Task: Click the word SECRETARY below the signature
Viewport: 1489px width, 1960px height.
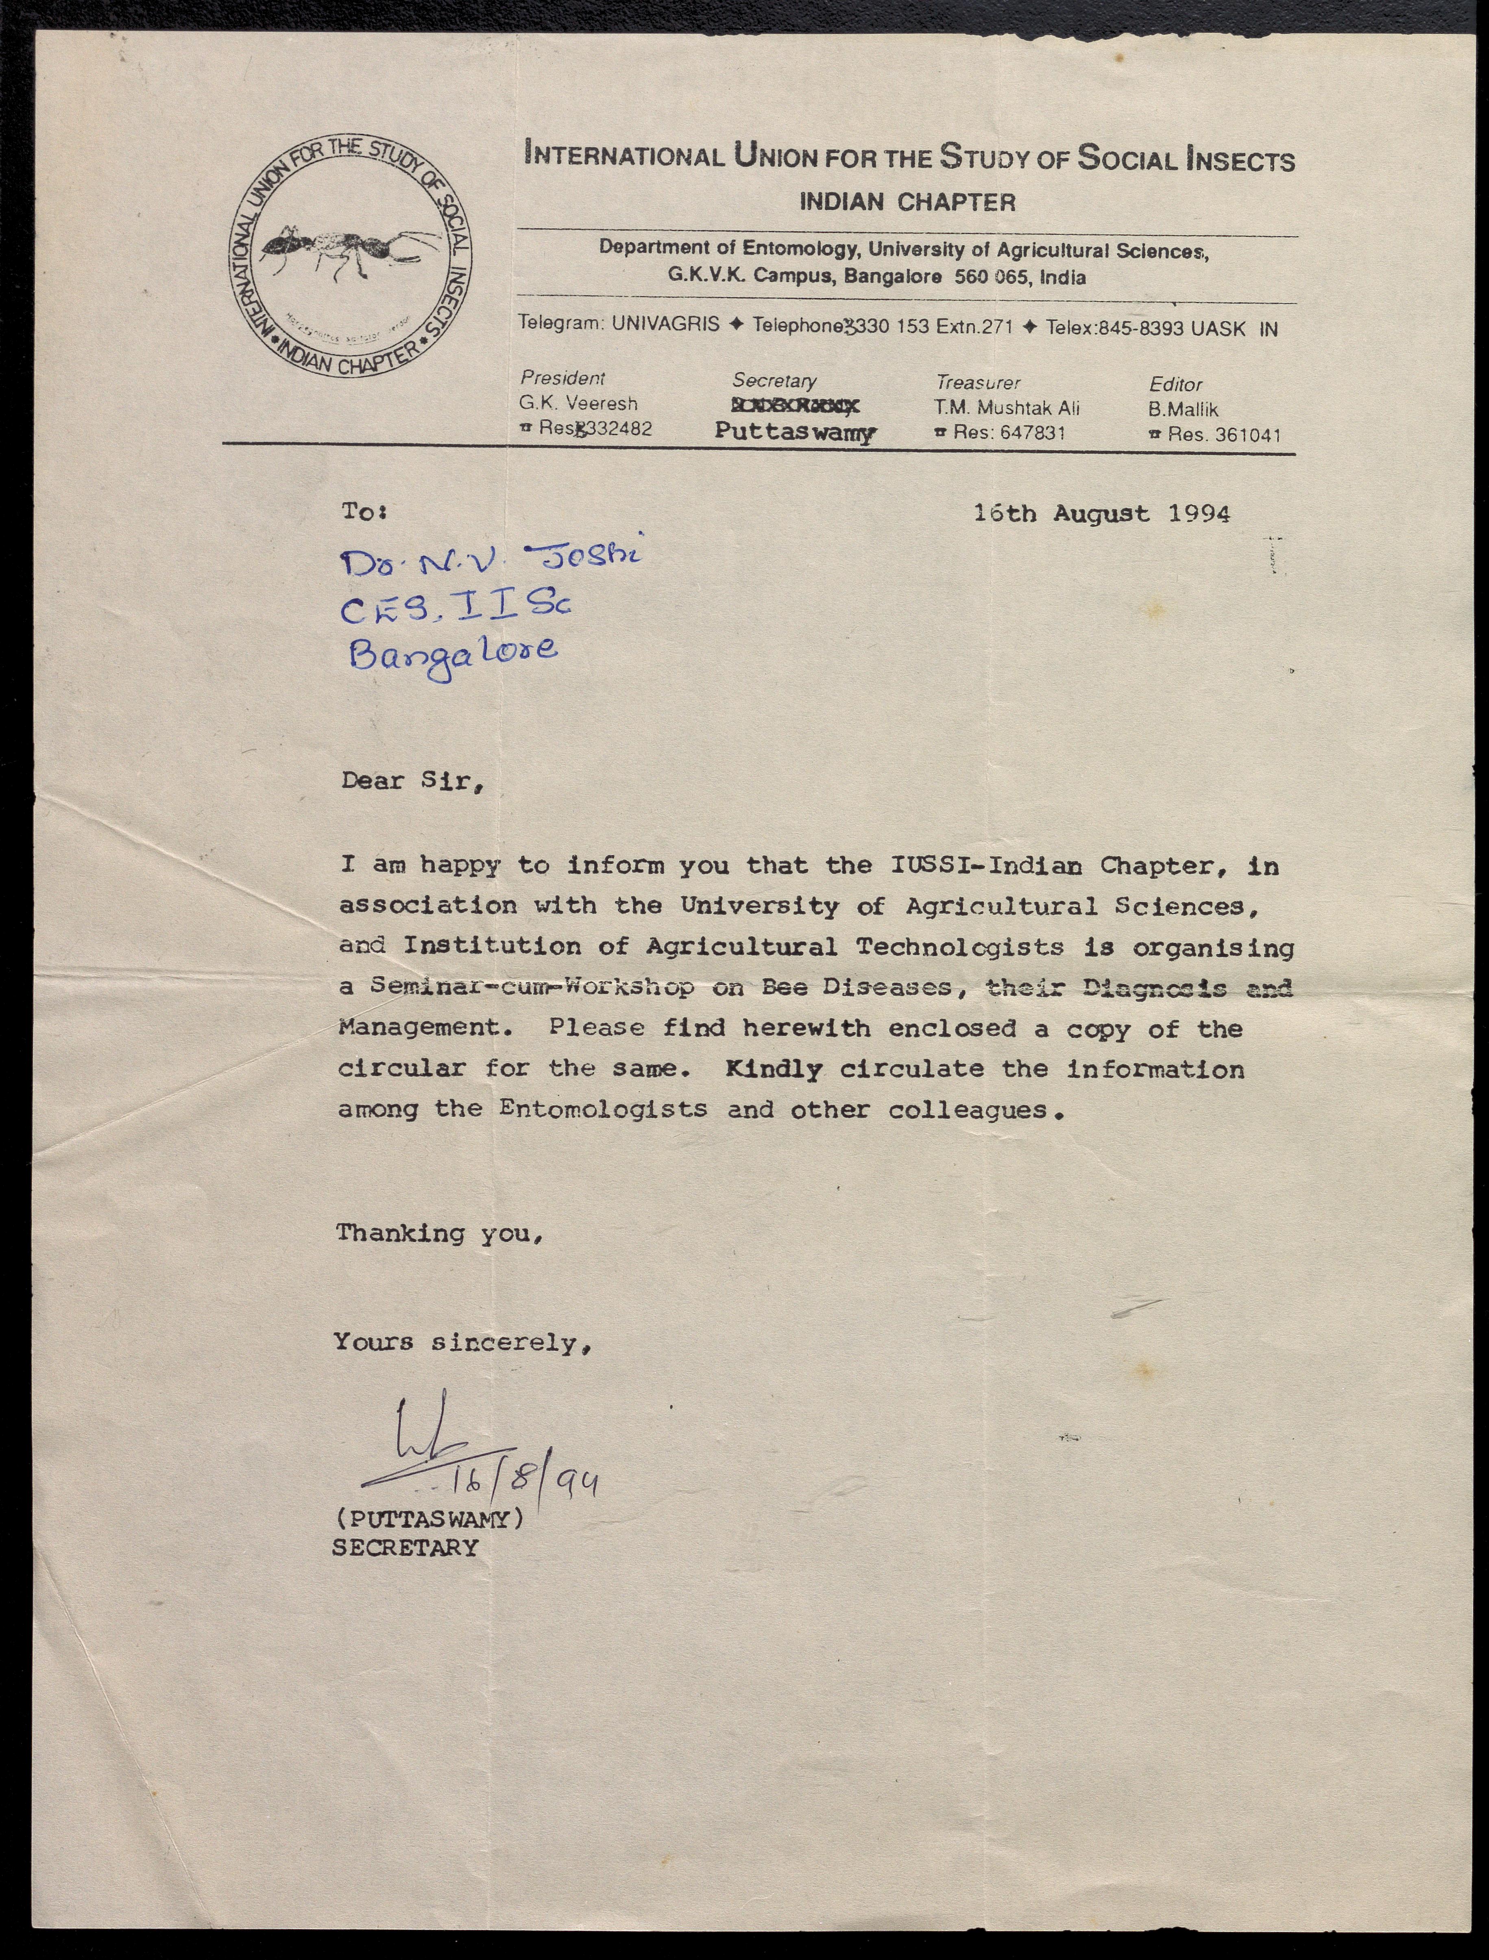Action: point(405,1548)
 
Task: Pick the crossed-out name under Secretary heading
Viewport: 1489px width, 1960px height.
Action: point(795,406)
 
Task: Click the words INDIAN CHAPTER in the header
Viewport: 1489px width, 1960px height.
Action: point(907,202)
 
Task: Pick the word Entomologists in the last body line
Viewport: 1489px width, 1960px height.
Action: point(603,1109)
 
